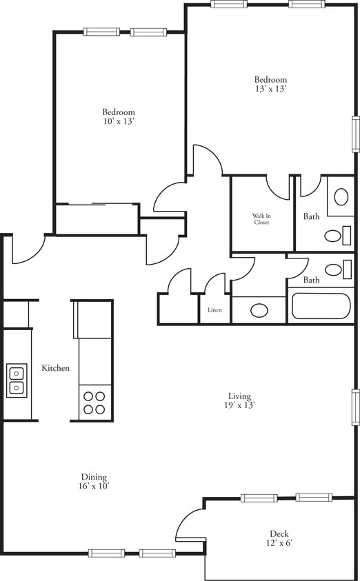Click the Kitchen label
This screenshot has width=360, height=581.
point(55,368)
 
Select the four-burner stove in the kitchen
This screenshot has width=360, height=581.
point(94,402)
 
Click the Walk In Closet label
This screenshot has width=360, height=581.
point(261,219)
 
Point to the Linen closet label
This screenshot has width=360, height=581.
point(214,310)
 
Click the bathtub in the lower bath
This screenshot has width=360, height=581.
point(321,306)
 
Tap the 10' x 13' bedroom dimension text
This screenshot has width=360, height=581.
point(118,121)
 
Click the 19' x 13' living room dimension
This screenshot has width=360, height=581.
point(240,405)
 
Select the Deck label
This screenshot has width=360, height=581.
point(279,533)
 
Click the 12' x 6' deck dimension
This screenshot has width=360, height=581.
point(279,543)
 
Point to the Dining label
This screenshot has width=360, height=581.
point(93,477)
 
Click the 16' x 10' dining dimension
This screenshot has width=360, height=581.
point(93,486)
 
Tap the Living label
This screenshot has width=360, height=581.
point(240,396)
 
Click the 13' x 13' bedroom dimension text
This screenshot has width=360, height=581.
point(270,89)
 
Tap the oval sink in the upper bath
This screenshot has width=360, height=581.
point(341,196)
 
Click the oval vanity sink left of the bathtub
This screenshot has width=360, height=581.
point(259,310)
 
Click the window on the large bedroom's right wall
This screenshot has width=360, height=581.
point(356,133)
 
